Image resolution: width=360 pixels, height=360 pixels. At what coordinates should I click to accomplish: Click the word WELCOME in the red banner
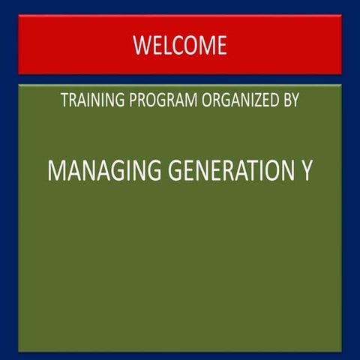coord(180,45)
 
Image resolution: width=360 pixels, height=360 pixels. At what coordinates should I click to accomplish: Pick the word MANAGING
coord(104,170)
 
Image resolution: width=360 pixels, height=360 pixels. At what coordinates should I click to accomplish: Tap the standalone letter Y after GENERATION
coord(306,170)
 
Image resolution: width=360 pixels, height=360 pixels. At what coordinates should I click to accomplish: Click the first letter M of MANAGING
coord(57,170)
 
